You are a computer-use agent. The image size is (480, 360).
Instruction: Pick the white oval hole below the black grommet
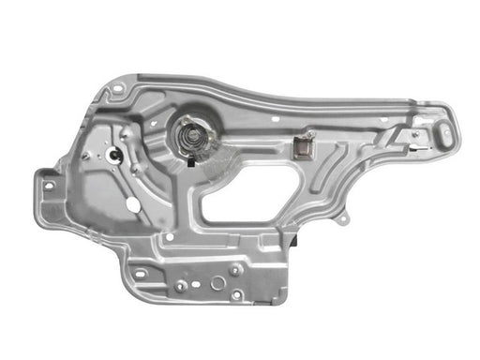132,202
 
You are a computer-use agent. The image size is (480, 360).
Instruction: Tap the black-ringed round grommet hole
114,154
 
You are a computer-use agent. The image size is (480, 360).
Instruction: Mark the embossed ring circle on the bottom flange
217,282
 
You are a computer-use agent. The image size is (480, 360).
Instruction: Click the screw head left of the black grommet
87,156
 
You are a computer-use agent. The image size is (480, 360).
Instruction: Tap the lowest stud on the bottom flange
236,295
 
